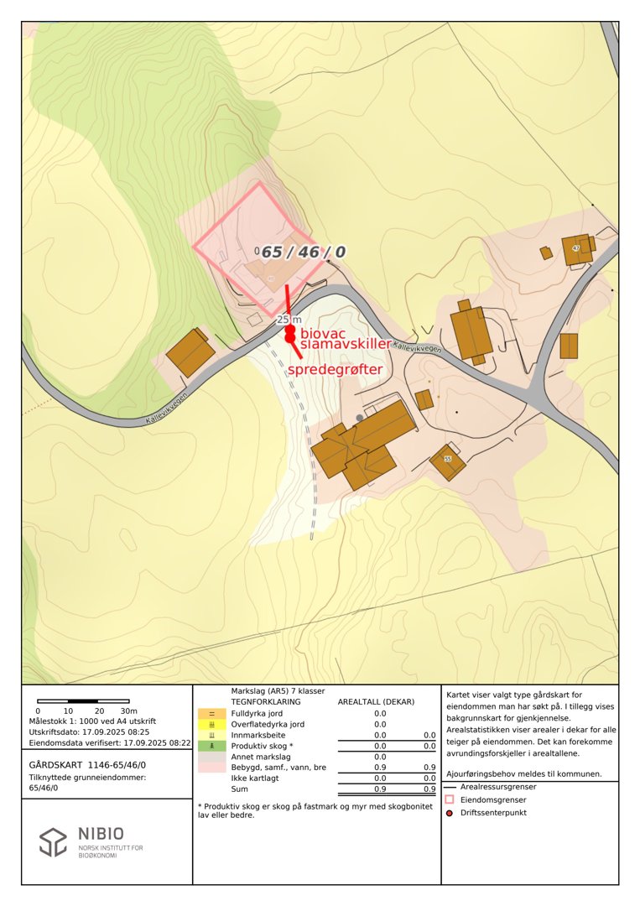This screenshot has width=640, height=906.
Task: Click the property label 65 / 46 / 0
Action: (303, 252)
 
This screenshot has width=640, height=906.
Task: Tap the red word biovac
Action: (322, 334)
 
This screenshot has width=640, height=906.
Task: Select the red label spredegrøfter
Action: (336, 369)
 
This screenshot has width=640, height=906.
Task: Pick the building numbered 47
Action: (576, 248)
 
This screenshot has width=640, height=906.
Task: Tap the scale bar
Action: (83, 700)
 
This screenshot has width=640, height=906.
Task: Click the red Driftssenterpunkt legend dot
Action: (450, 812)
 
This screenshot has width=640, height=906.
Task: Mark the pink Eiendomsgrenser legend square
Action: (450, 799)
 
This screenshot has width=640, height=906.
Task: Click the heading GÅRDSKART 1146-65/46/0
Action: (87, 765)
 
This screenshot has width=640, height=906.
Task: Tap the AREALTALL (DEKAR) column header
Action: (376, 701)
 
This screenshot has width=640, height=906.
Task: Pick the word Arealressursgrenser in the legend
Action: (498, 787)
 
